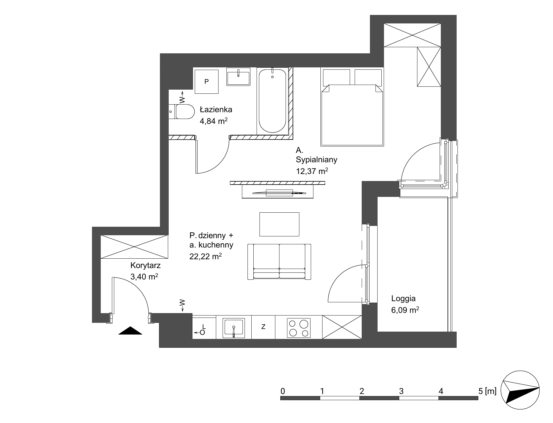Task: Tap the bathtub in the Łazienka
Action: point(272,101)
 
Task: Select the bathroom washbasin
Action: point(238,77)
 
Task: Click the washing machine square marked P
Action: point(206,81)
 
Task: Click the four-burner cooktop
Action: point(299,328)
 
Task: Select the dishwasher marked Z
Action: point(263,327)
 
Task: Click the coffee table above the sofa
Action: point(279,224)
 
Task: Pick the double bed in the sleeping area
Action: point(352,107)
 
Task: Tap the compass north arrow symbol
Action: point(520,391)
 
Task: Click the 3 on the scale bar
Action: point(401,391)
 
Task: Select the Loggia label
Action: point(403,299)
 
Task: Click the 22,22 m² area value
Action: point(205,256)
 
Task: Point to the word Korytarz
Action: point(145,266)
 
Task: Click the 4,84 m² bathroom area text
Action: point(214,121)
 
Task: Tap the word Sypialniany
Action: point(316,160)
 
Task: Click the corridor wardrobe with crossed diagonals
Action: point(134,247)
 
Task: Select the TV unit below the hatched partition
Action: point(278,192)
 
